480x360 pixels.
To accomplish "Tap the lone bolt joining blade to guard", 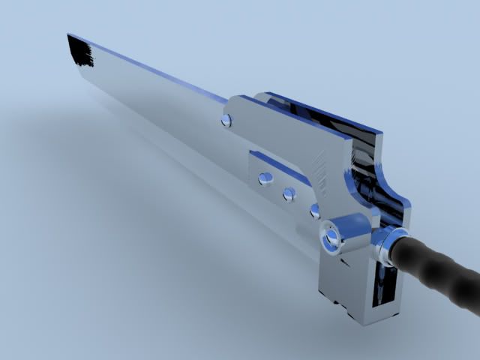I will (x=226, y=120).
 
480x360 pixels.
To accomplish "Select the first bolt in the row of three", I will (x=265, y=178).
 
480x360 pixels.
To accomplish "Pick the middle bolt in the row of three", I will (x=289, y=194).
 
